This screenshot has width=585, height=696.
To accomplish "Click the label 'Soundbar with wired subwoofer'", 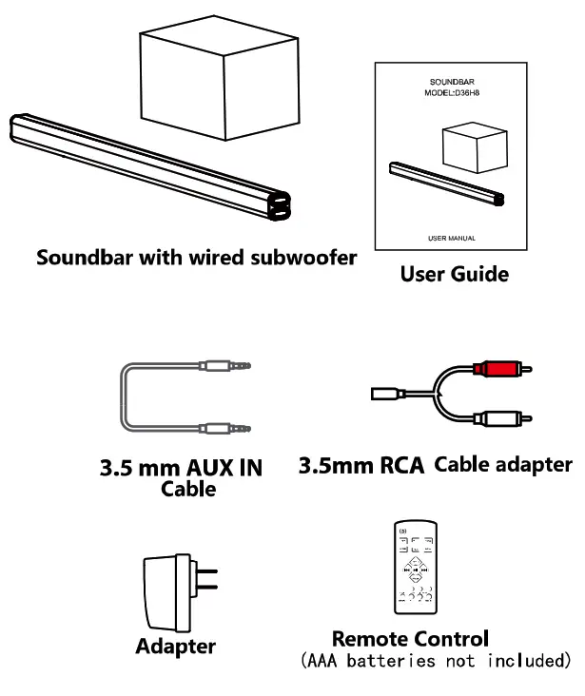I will [196, 258].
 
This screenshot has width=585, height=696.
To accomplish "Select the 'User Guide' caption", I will [454, 275].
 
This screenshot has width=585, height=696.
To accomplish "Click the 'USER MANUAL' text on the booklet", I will [452, 237].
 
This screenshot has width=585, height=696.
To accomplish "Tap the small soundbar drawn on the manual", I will [447, 186].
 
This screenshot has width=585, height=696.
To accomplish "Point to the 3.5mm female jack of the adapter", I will [386, 391].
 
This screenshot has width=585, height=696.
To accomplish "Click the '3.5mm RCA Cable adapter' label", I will [436, 466].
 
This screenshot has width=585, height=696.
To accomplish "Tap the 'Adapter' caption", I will [175, 647].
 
